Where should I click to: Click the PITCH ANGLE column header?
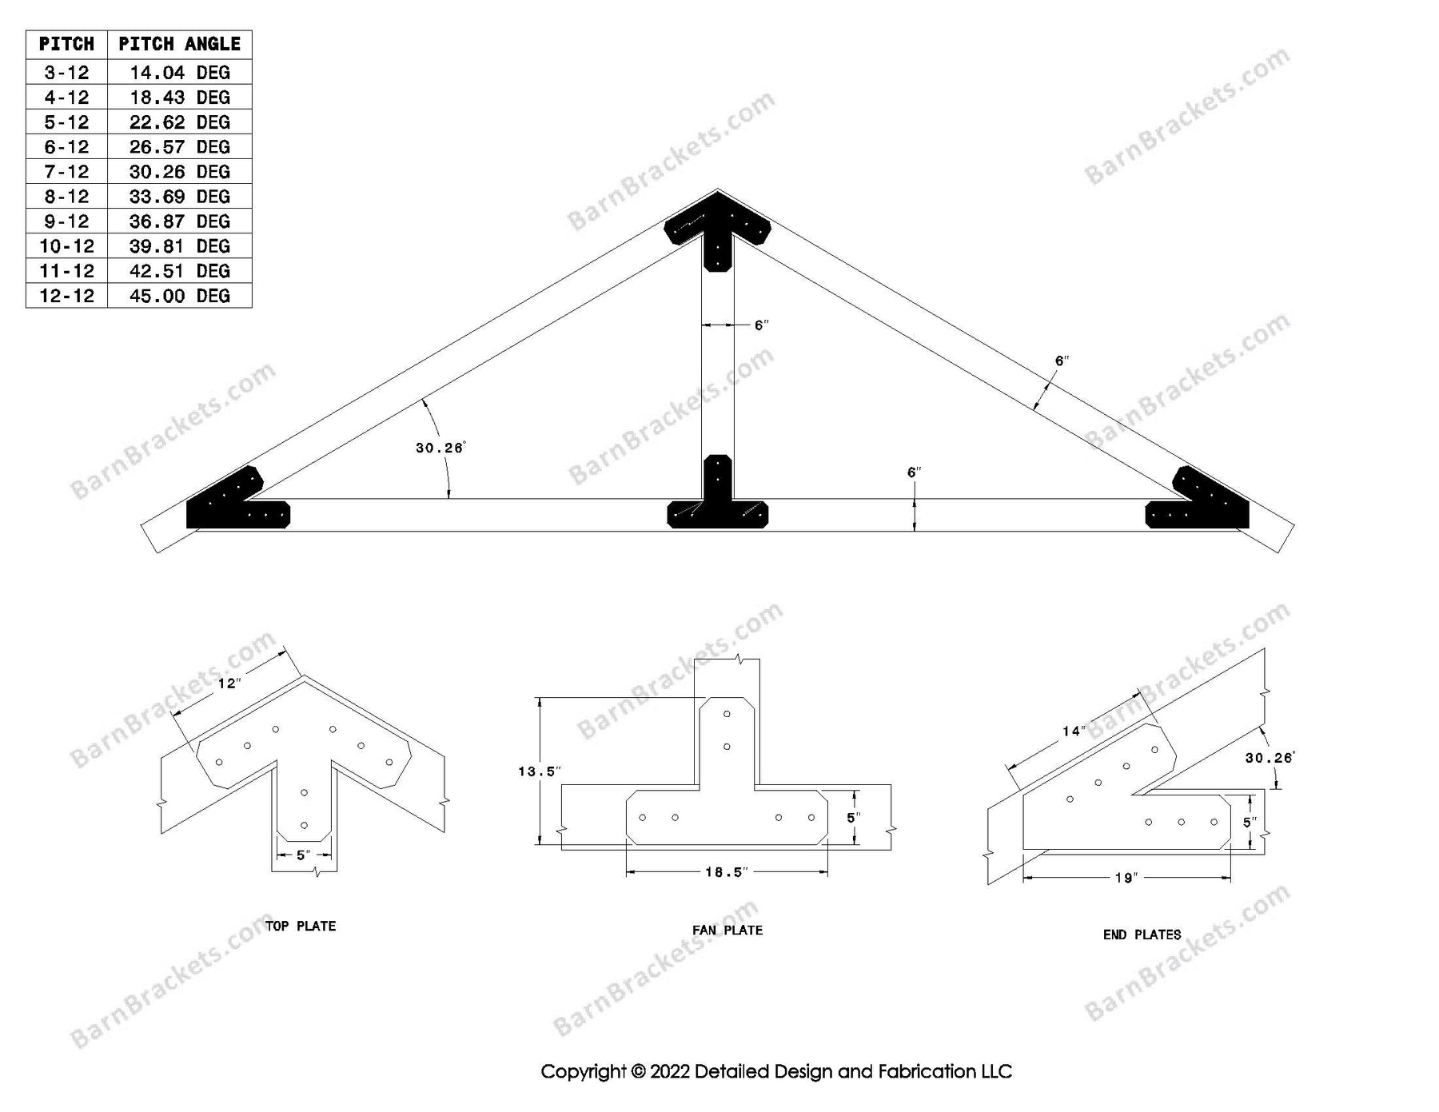179,44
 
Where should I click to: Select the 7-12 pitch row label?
66,172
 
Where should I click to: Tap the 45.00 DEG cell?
179,296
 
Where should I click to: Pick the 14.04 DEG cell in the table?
179,73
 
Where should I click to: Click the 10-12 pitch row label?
66,246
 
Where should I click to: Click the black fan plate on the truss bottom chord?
717,504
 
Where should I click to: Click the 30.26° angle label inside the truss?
440,448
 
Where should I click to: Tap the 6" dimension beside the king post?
761,325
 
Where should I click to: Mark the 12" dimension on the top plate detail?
229,684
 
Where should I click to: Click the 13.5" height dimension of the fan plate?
540,771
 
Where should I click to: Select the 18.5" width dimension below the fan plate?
726,872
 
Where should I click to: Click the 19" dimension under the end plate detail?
1126,878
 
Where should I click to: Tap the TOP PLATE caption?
301,927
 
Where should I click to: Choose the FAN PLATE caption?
727,931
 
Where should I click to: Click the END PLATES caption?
1142,935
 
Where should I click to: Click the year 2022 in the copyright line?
669,1072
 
